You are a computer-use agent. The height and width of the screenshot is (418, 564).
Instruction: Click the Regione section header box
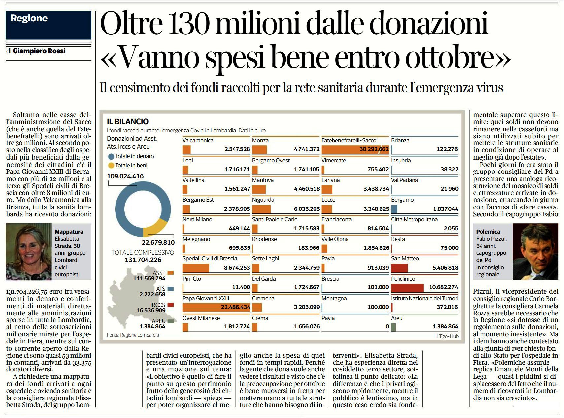pyautogui.click(x=49, y=25)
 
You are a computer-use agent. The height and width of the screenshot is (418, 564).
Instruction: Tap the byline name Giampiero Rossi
pyautogui.click(x=39, y=51)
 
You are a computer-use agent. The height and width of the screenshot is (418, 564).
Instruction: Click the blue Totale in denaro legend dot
pyautogui.click(x=111, y=156)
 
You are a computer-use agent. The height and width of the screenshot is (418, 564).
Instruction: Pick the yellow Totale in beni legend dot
pyautogui.click(x=111, y=165)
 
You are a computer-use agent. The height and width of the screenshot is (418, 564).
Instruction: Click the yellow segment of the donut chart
pyautogui.click(x=156, y=228)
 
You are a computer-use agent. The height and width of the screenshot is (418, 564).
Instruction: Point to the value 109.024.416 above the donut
pyautogui.click(x=125, y=176)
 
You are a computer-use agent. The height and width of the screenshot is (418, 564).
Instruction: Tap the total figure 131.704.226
pyautogui.click(x=143, y=260)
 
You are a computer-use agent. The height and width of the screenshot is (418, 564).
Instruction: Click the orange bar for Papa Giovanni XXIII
pyautogui.click(x=216, y=307)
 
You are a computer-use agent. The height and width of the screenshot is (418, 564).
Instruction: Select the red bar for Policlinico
pyautogui.click(x=407, y=287)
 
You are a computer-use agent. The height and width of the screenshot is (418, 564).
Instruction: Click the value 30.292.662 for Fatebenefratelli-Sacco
pyautogui.click(x=374, y=149)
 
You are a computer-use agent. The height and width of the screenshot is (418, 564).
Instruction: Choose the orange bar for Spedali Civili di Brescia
pyautogui.click(x=196, y=268)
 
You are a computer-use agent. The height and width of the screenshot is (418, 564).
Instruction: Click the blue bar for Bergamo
pyautogui.click(x=394, y=209)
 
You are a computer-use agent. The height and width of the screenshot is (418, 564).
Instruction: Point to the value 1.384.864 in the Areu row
pyautogui.click(x=445, y=326)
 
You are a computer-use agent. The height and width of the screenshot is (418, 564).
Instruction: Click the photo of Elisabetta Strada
pyautogui.click(x=29, y=252)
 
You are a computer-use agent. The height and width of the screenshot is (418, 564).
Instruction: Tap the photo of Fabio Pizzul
pyautogui.click(x=535, y=252)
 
